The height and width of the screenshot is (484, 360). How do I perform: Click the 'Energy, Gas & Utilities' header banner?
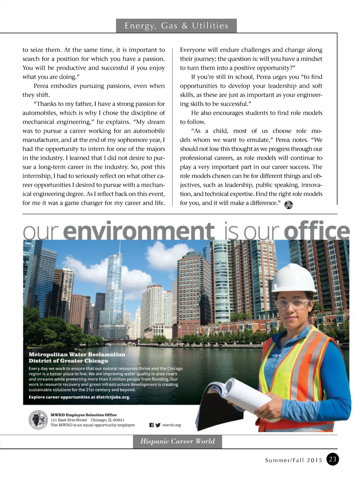pyautogui.click(x=176, y=26)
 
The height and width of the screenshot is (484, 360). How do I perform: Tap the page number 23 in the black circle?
pyautogui.click(x=333, y=459)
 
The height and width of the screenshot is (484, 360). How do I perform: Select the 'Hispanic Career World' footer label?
pyautogui.click(x=177, y=441)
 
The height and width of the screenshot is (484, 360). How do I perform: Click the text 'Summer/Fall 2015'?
pyautogui.click(x=294, y=460)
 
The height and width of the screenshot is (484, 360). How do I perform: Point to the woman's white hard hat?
pyautogui.click(x=294, y=278)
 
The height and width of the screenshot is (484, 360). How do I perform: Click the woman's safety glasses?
pyautogui.click(x=292, y=304)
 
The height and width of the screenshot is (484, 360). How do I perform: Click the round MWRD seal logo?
pyautogui.click(x=38, y=420)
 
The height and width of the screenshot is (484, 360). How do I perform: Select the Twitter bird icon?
pyautogui.click(x=158, y=425)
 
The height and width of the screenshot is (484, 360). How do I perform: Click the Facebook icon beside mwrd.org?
pyautogui.click(x=152, y=425)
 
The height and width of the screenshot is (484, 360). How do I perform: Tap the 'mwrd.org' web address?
pyautogui.click(x=172, y=425)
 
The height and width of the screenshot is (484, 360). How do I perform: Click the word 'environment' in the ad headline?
pyautogui.click(x=140, y=231)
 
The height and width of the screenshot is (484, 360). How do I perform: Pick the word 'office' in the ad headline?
pyautogui.click(x=316, y=231)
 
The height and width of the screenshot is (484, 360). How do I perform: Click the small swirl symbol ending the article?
pyautogui.click(x=288, y=205)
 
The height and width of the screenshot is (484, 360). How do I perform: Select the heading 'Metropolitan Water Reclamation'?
pyautogui.click(x=77, y=355)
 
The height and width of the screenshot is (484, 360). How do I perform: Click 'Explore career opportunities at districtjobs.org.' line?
pyautogui.click(x=79, y=397)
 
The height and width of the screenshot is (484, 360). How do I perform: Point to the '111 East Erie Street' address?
pyautogui.click(x=69, y=420)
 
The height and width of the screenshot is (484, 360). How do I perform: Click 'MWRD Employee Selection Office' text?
pyautogui.click(x=84, y=415)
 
